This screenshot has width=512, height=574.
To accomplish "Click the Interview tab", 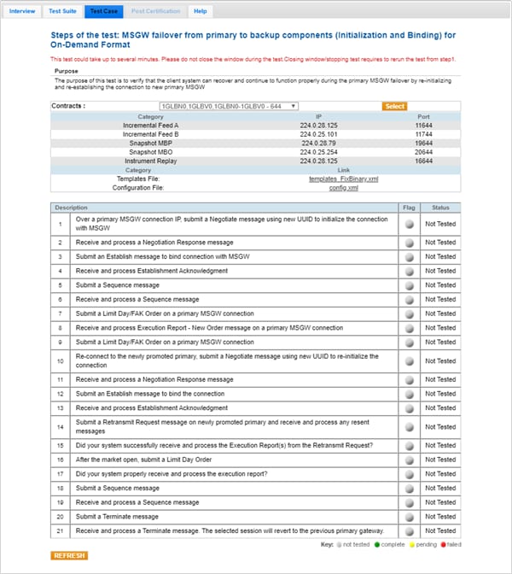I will coord(22,11).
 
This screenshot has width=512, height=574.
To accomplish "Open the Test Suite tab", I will coord(62,11).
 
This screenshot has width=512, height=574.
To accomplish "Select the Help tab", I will coord(200,11).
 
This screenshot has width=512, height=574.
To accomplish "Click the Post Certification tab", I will coord(155,11).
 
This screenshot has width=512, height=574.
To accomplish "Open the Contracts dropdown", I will coord(229,106).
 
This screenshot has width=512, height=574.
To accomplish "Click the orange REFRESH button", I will coord(69,555).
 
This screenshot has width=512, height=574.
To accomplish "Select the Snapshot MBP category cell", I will coord(150,143).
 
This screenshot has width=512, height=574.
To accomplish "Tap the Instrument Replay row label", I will coord(150,161).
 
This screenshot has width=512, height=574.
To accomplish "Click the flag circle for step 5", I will coord(409,284).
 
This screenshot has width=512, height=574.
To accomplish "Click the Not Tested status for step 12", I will coord(440,394).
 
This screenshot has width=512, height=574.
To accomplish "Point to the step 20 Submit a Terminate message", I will coord(116,517).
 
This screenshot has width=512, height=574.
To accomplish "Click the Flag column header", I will coord(409,208).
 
